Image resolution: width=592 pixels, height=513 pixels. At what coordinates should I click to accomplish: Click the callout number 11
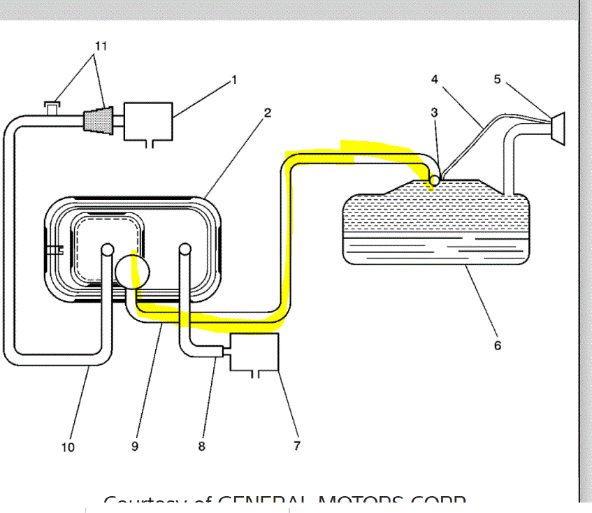(x=101, y=45)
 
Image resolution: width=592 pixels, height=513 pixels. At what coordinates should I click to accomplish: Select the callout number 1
(x=234, y=80)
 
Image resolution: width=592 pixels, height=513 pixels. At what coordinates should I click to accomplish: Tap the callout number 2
(x=268, y=113)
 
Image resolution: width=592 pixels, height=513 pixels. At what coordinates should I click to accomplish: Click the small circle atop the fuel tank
(x=434, y=180)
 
